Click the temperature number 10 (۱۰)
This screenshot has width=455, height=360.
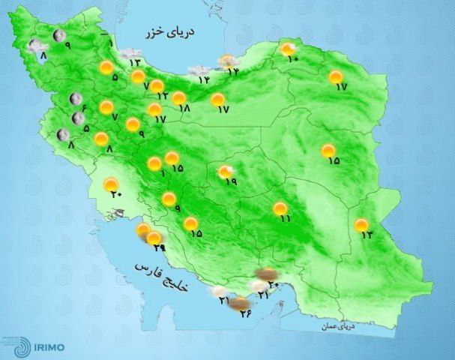293,58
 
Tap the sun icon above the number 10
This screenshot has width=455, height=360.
288,49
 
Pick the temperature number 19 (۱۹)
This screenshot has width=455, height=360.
231,181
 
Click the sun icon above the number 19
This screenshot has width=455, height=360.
224,172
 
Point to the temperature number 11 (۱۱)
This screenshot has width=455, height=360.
285,218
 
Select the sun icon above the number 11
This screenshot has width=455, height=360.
280,208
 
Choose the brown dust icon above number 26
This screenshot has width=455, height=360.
239,303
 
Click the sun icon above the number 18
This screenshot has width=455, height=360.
178,97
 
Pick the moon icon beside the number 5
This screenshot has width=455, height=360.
77,118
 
